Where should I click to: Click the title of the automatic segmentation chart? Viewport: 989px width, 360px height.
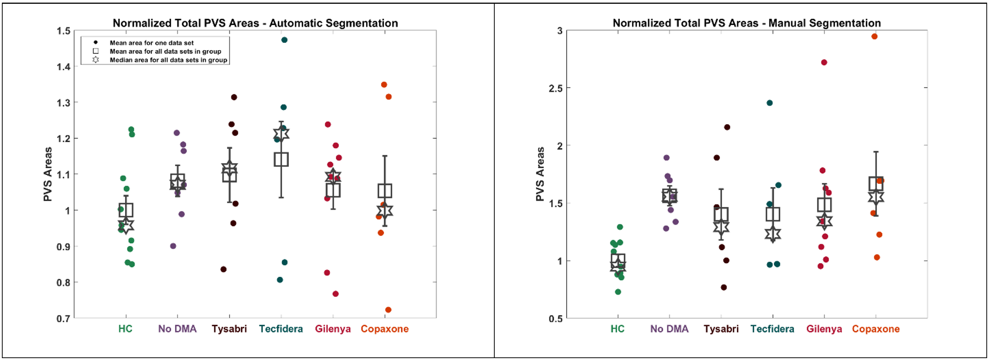pyautogui.click(x=255, y=23)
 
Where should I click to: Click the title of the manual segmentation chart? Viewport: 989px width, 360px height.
pyautogui.click(x=746, y=23)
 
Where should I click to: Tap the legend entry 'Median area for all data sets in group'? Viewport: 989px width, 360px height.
pyautogui.click(x=168, y=60)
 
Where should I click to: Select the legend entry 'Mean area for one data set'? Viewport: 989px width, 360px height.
pyautogui.click(x=152, y=43)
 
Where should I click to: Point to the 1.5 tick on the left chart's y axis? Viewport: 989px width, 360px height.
pyautogui.click(x=63, y=31)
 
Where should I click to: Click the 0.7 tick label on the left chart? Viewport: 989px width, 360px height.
pyautogui.click(x=63, y=319)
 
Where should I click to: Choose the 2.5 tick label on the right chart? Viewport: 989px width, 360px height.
pyautogui.click(x=555, y=88)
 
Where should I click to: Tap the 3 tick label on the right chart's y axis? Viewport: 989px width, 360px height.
pyautogui.click(x=560, y=31)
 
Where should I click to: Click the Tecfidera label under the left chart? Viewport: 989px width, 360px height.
pyautogui.click(x=281, y=329)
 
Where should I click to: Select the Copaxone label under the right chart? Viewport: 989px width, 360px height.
pyautogui.click(x=876, y=329)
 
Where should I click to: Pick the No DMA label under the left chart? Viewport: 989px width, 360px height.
pyautogui.click(x=178, y=329)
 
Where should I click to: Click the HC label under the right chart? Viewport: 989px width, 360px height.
pyautogui.click(x=617, y=329)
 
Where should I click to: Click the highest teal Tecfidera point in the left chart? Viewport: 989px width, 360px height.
pyautogui.click(x=284, y=40)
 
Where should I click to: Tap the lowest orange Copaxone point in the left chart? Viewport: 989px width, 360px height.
pyautogui.click(x=388, y=310)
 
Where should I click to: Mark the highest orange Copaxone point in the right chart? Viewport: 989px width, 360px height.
pyautogui.click(x=874, y=36)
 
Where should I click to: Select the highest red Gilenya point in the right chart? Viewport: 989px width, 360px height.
pyautogui.click(x=824, y=62)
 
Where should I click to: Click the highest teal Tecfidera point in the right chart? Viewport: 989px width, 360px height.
pyautogui.click(x=769, y=103)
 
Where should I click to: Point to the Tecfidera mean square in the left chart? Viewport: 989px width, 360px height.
pyautogui.click(x=281, y=159)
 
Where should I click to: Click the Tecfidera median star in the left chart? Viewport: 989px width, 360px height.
pyautogui.click(x=281, y=134)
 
